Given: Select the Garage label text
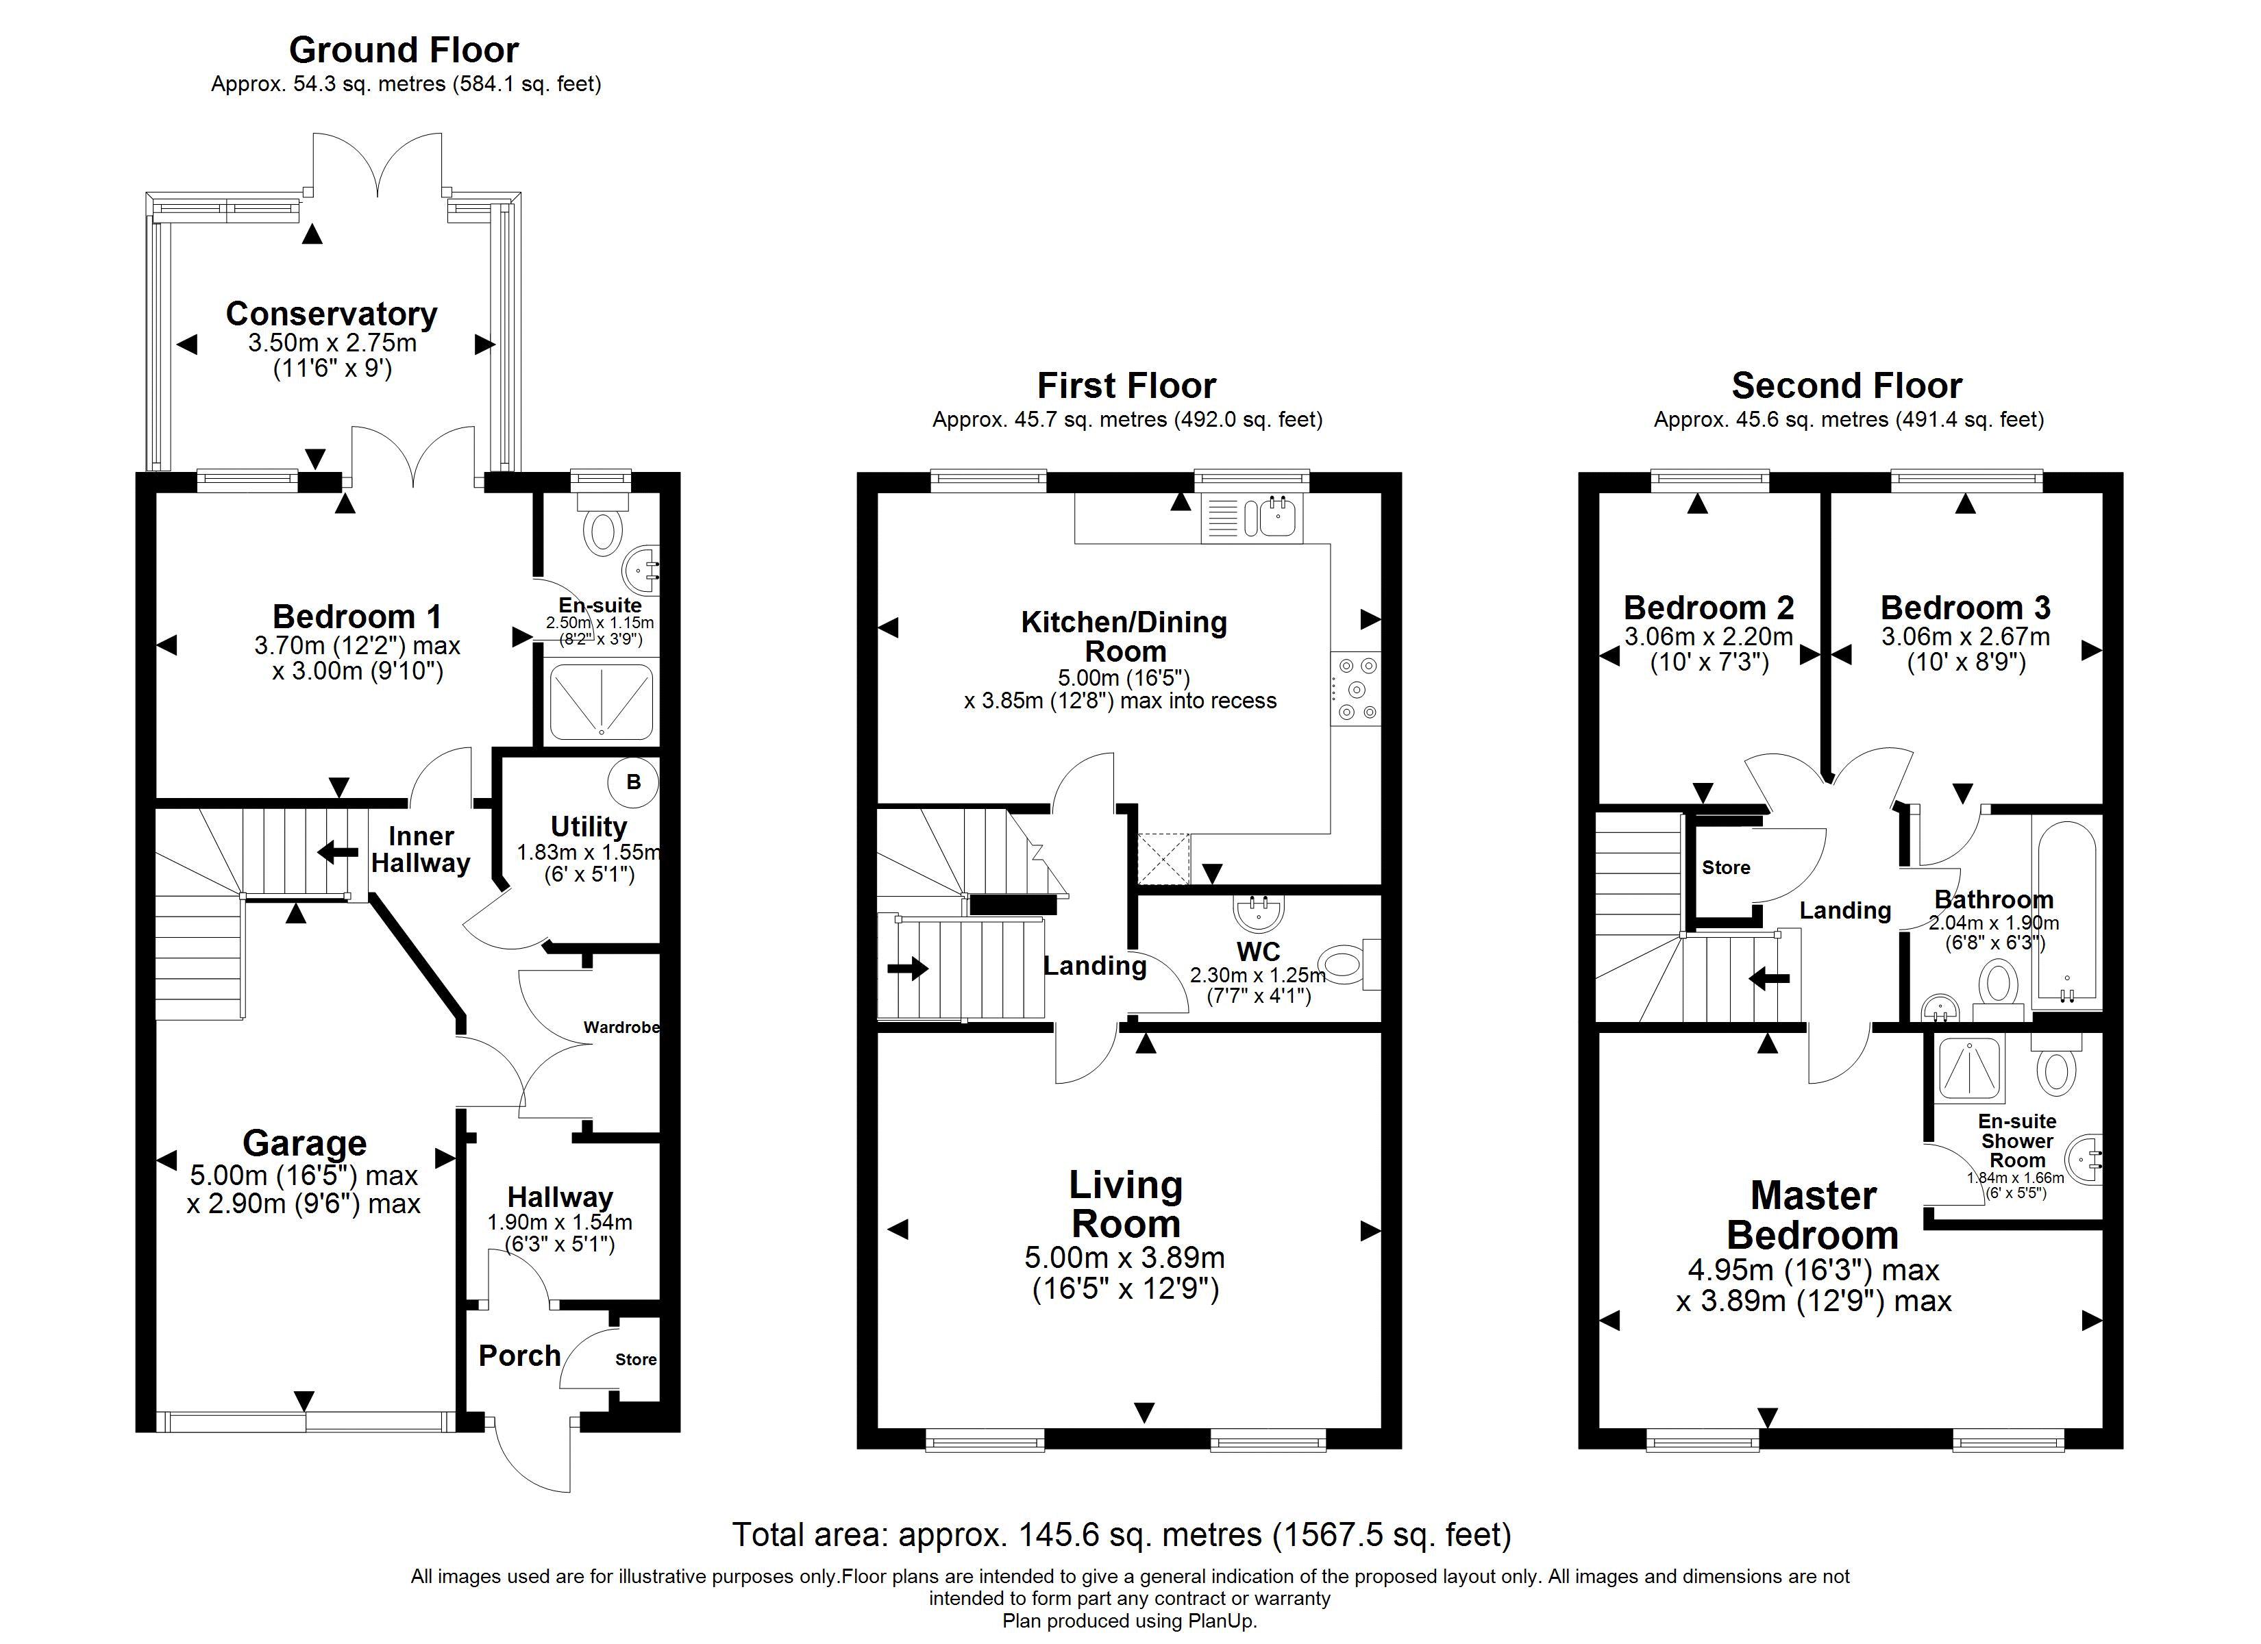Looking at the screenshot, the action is click(304, 1143).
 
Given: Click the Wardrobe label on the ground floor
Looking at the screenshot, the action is click(621, 1027).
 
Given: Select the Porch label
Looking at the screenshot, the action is click(519, 1356).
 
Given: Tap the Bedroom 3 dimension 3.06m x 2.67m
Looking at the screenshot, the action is click(1966, 636).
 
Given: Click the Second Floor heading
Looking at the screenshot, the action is click(1847, 385).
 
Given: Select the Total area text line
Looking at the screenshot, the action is click(1122, 1534).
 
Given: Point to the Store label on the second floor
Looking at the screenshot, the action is click(1726, 867).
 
